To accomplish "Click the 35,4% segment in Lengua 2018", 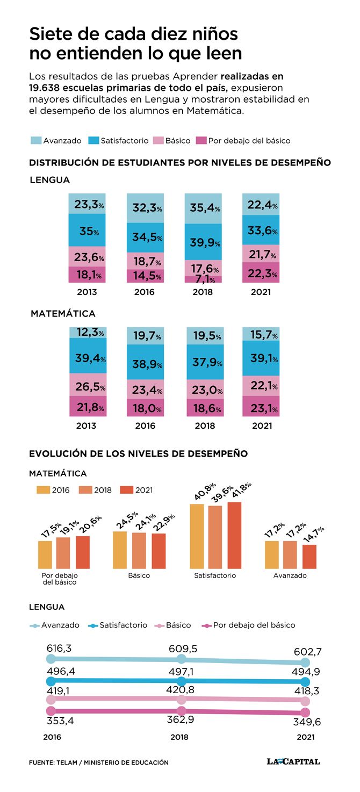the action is pos(203,208).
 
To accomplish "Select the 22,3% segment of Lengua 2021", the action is pos(261,272).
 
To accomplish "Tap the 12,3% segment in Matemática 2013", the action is pos(88,333).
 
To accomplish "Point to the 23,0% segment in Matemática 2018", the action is pos(205,389).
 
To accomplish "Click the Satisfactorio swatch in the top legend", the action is pos(93,140).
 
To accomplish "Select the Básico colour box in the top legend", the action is pos(158,140).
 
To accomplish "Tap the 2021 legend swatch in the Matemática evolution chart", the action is pos(127,489).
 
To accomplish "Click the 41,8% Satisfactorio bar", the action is pos(234,535).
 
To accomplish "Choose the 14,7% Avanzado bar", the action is pos(309,557).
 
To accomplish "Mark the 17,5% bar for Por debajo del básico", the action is pos(45,555).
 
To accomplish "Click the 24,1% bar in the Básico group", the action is pos(139,551).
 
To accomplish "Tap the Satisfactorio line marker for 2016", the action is pos(51,681).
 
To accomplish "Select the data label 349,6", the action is pos(307,722).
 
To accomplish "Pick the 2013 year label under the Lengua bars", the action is pos(87,292).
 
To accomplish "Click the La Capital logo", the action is pos(293,761).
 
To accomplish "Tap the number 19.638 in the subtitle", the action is pos(44,88).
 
